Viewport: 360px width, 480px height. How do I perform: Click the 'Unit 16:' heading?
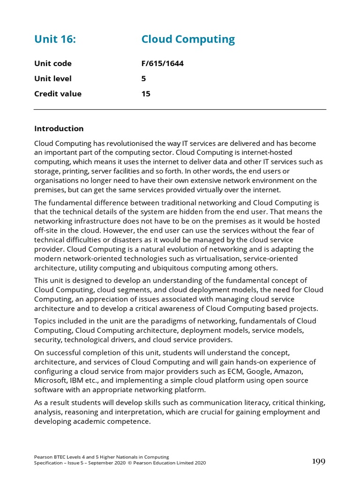point(55,39)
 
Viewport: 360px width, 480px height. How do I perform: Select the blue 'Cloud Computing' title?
point(188,39)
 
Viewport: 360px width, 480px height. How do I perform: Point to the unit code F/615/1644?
point(162,63)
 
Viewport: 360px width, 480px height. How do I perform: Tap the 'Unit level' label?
point(53,79)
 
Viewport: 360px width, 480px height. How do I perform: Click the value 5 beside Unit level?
point(144,79)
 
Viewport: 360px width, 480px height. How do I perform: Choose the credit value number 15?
point(146,94)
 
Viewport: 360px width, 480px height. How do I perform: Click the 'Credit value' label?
point(58,94)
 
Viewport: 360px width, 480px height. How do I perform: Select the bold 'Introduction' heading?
point(59,128)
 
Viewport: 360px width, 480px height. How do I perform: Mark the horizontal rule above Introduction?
point(180,110)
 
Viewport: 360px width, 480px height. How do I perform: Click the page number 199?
point(319,462)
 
